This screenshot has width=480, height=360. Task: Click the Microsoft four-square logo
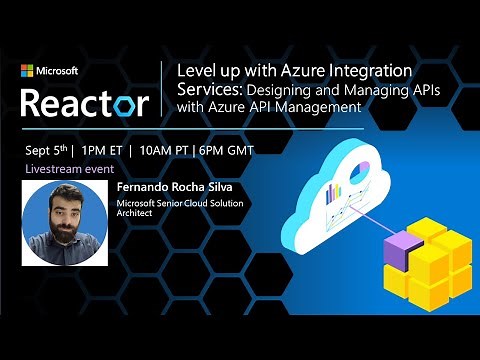[27, 71]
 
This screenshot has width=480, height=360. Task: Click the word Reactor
[85, 101]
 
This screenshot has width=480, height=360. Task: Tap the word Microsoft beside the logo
[58, 71]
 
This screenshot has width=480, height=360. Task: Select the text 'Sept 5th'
[44, 151]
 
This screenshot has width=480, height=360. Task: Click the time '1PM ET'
[104, 151]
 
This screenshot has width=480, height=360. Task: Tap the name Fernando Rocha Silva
[169, 187]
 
